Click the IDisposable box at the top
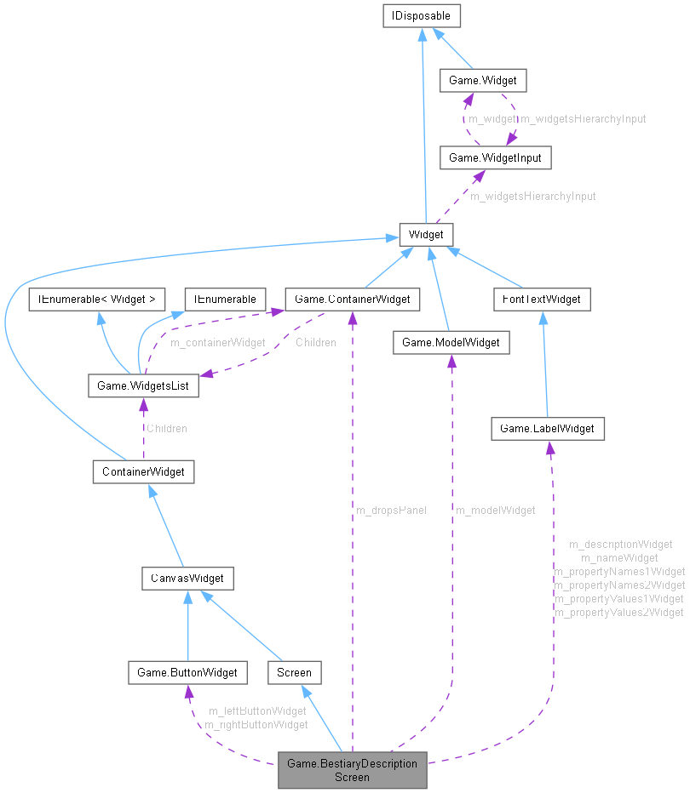pos(422,15)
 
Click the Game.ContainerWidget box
pos(352,299)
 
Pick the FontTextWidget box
pos(542,299)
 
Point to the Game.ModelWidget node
pos(451,342)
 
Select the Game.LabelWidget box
pos(547,429)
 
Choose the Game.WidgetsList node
pos(143,385)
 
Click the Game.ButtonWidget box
pos(187,672)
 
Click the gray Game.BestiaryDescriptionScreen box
pos(352,770)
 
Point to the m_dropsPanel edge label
pos(390,510)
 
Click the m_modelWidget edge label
pos(496,510)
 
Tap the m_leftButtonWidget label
pos(257,710)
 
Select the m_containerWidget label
pos(217,342)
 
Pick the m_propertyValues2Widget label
pos(618,612)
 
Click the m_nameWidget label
pos(619,557)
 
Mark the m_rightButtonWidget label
pos(256,724)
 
